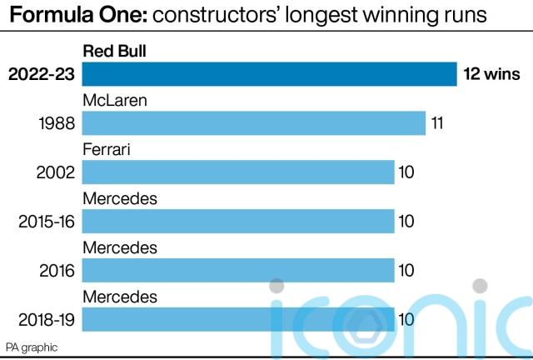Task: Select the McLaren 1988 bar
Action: click(x=253, y=123)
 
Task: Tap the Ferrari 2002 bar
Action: click(x=237, y=172)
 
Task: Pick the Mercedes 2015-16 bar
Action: click(x=237, y=221)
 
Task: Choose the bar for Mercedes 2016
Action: click(x=237, y=270)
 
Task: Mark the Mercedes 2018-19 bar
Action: click(x=237, y=318)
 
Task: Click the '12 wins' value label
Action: click(x=491, y=74)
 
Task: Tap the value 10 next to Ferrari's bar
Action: click(x=406, y=172)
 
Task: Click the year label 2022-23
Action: click(x=42, y=74)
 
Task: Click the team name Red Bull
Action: click(x=114, y=52)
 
